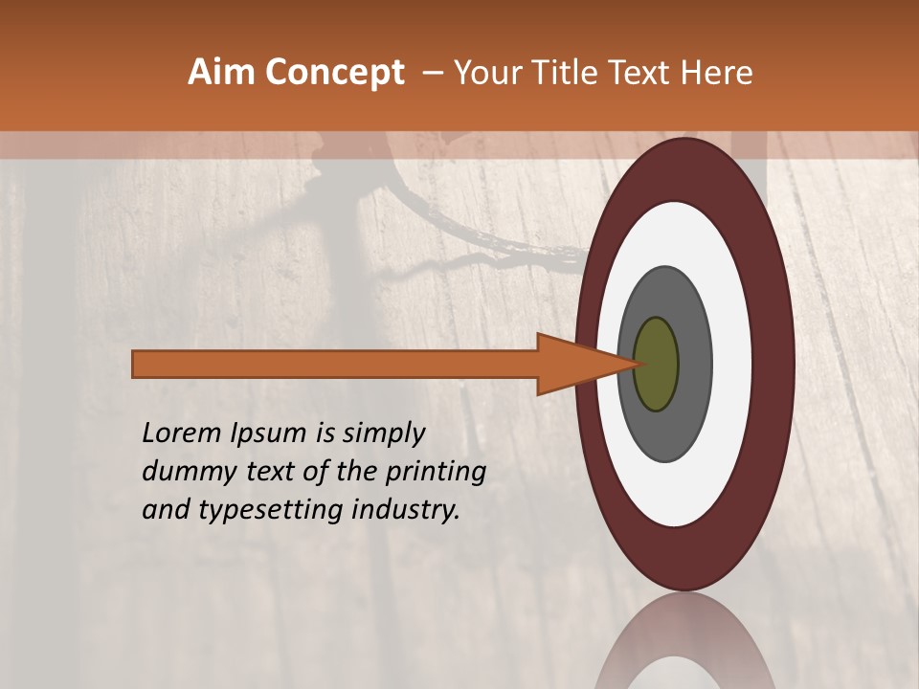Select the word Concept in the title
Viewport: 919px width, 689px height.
coord(335,73)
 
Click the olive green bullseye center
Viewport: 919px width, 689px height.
coord(657,365)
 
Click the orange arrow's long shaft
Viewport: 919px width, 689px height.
coord(335,365)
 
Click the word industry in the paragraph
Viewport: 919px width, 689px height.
coord(407,510)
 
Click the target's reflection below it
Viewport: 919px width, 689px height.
coord(684,646)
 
